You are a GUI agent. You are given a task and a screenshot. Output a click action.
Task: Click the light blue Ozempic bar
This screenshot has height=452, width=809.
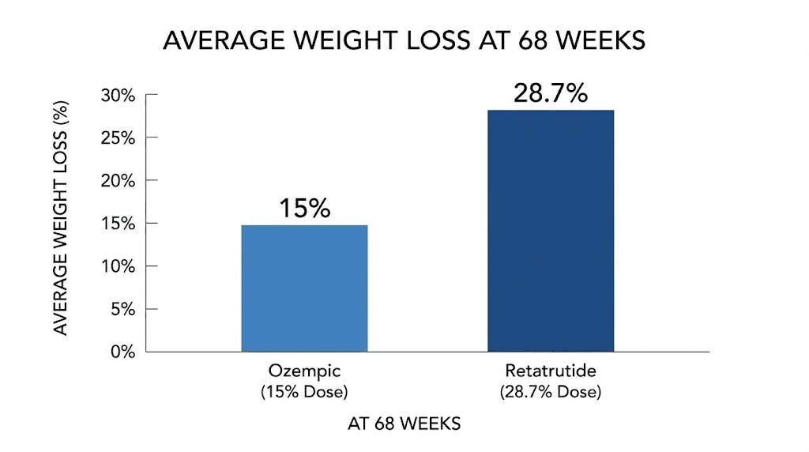tap(304, 288)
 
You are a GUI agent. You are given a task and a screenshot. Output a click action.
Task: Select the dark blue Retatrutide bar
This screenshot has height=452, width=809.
tap(551, 231)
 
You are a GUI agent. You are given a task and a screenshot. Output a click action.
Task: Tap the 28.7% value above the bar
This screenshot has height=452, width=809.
tap(551, 93)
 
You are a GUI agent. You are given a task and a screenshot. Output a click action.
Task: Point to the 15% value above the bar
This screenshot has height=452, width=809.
tap(304, 209)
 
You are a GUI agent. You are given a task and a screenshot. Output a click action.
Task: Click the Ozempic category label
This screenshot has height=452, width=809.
tap(304, 372)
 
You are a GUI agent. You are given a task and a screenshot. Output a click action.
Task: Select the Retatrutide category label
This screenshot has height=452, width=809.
tap(551, 372)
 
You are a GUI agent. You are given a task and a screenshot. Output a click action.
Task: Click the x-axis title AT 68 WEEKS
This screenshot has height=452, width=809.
tap(404, 424)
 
